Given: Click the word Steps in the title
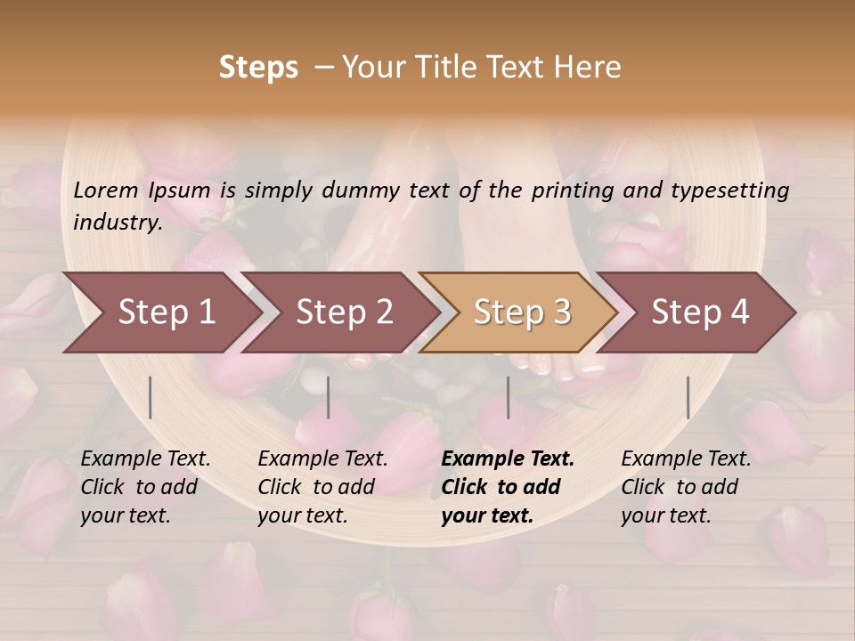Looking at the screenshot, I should tap(258, 68).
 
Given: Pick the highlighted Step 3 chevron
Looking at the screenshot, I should tap(522, 312).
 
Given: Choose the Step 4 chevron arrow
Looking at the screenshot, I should tap(700, 312).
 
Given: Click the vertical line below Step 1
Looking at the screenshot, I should tap(151, 397).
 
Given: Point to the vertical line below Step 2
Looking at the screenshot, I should tap(329, 397).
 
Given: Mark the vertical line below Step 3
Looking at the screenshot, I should tap(509, 397).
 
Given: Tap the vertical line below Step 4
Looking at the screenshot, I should tap(688, 397).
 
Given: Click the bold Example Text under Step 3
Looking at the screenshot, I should tap(508, 487).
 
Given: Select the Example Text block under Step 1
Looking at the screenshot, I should tap(145, 487).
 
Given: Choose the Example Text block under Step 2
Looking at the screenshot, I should tap(322, 487).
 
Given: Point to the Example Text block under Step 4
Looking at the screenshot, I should tap(686, 487).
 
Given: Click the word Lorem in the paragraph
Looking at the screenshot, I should tap(106, 191).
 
